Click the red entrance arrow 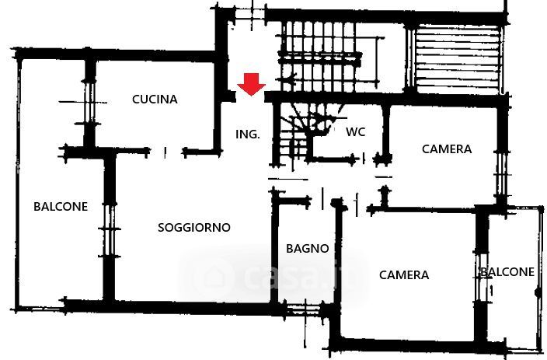coord(251,84)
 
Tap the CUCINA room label coord(155,100)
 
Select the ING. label coord(247,135)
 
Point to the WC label coord(356,131)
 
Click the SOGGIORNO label coord(194,228)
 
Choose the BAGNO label coord(307,249)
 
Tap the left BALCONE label coord(61,207)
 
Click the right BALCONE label coord(507,272)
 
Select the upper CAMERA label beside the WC coord(447,149)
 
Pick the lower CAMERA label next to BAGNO coord(404,275)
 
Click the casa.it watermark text coord(295,275)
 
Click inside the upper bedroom coord(443,175)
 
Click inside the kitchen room coord(155,124)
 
